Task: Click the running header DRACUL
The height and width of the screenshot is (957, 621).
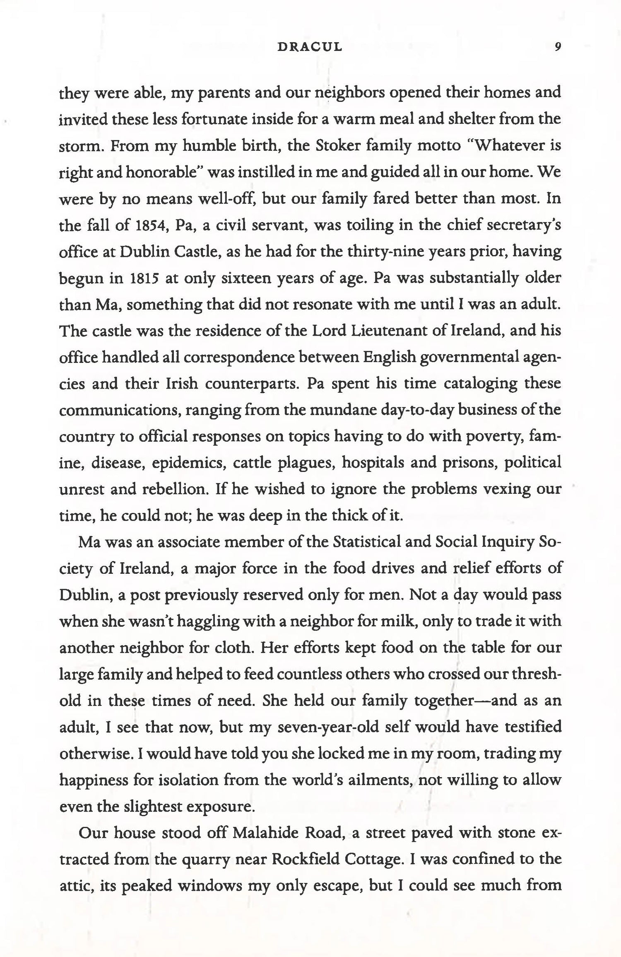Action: pyautogui.click(x=310, y=47)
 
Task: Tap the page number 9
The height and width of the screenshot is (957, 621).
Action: pyautogui.click(x=558, y=47)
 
